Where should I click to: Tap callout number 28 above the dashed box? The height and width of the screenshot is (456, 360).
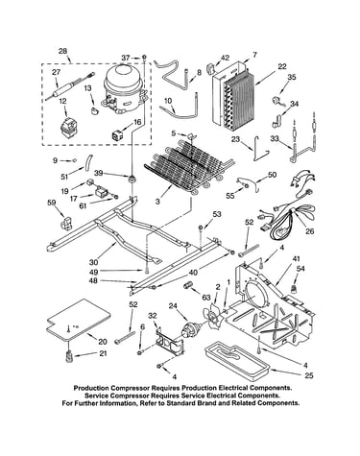(x=62, y=51)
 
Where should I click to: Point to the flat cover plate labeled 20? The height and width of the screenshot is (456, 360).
(x=79, y=319)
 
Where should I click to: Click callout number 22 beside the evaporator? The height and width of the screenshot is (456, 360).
(x=282, y=66)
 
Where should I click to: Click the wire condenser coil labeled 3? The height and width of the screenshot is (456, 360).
(x=189, y=166)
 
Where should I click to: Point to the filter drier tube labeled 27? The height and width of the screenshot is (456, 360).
(x=70, y=85)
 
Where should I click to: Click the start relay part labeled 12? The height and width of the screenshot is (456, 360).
(x=70, y=129)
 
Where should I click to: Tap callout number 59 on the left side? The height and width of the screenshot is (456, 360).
(x=52, y=203)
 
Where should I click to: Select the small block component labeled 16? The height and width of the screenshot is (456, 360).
(x=117, y=135)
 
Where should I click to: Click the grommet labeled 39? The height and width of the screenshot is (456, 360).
(x=132, y=179)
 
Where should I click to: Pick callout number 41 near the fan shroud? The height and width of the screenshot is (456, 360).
(x=297, y=259)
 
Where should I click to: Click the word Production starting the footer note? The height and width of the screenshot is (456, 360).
(x=90, y=388)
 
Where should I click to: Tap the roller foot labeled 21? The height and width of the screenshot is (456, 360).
(x=69, y=356)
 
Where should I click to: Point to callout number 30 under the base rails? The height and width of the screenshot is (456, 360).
(x=93, y=262)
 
